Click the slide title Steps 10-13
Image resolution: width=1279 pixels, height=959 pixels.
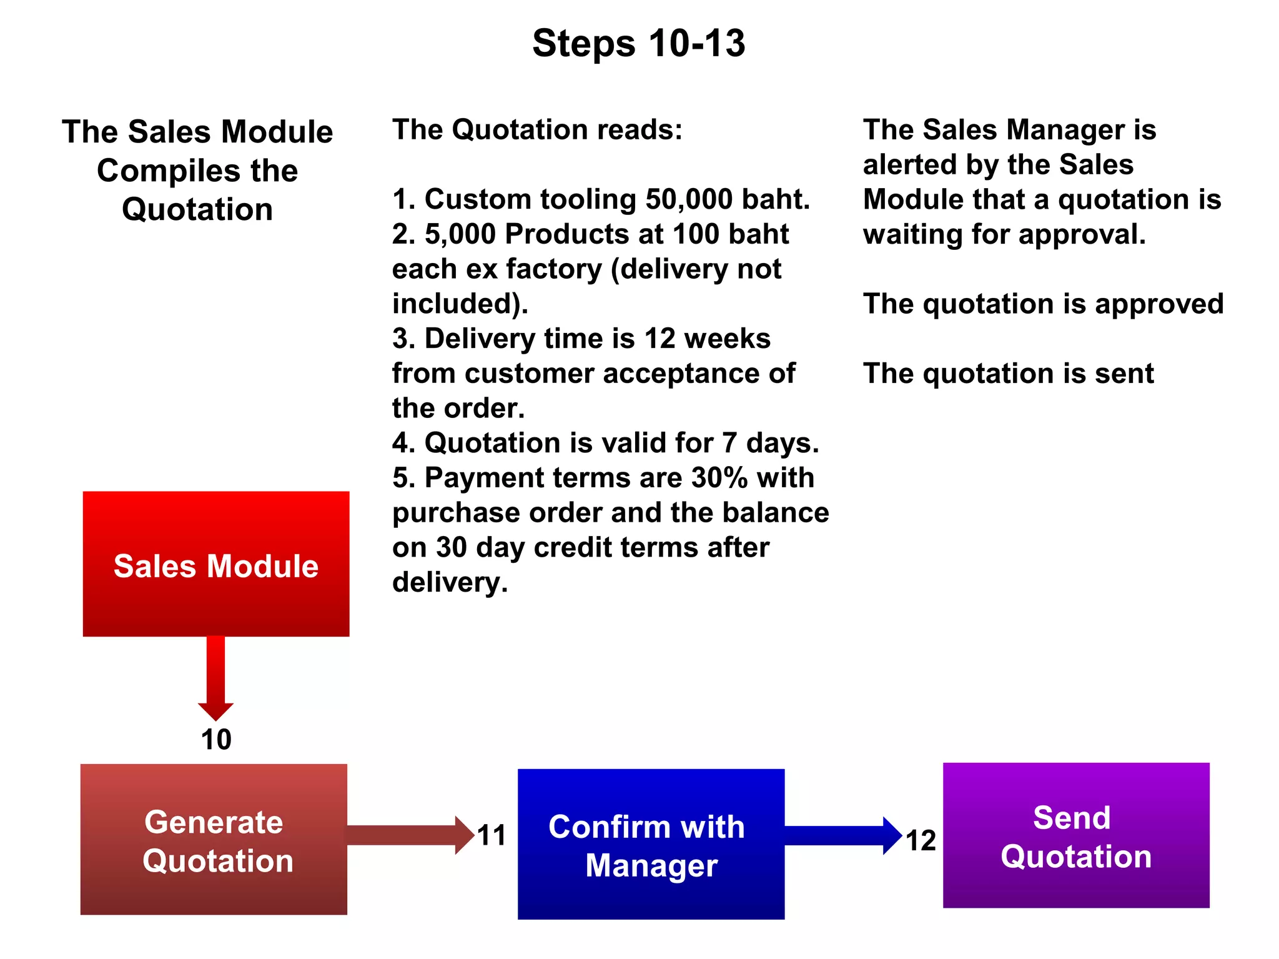pos(638,43)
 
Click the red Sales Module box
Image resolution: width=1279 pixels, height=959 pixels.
pos(216,564)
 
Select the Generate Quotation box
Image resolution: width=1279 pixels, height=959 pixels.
pos(214,839)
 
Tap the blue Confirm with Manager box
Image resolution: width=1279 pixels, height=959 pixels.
pos(651,843)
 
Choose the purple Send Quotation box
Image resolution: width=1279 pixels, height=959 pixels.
pos(1075,835)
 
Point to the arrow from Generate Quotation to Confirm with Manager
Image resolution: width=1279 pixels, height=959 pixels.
pos(409,835)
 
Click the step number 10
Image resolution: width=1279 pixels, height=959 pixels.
pos(216,740)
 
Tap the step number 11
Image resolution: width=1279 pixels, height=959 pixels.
pos(491,835)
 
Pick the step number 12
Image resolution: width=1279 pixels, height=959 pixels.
pos(921,840)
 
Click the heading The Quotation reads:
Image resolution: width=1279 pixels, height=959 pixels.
pos(537,130)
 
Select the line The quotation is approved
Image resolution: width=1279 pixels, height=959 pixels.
pos(1042,304)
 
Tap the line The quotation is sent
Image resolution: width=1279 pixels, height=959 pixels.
pos(1008,374)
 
